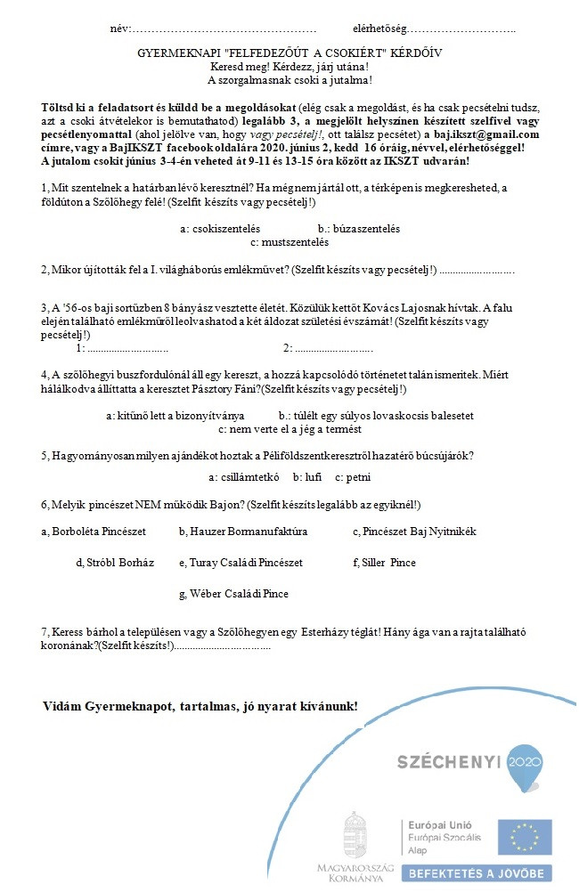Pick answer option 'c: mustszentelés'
pyautogui.click(x=289, y=241)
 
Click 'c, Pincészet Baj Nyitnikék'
pyautogui.click(x=414, y=532)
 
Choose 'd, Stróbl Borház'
pyautogui.click(x=115, y=563)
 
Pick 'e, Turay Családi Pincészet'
pyautogui.click(x=241, y=563)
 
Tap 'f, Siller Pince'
pyautogui.click(x=384, y=563)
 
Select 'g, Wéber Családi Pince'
pyautogui.click(x=233, y=594)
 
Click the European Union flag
pyautogui.click(x=524, y=837)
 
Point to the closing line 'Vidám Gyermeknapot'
pyautogui.click(x=200, y=706)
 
